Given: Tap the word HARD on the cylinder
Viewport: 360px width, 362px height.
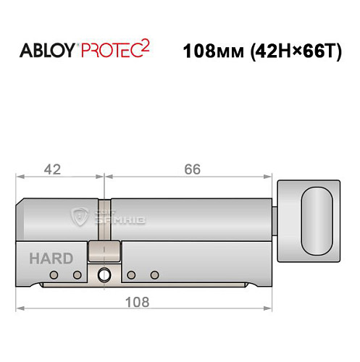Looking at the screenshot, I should pos(51,258).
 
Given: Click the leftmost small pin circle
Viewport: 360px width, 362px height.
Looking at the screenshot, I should pos(54,275).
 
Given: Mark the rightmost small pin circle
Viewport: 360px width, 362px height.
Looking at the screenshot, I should pos(154,275).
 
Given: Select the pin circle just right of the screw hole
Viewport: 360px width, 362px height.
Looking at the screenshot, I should pos(131,275).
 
